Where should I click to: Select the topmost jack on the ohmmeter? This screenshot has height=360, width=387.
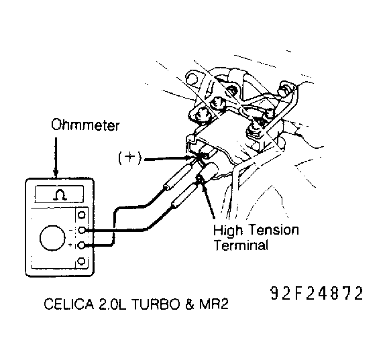tap(82, 215)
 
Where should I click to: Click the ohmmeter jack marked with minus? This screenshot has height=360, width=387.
tap(82, 231)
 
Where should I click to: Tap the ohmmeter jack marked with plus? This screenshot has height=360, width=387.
tap(82, 246)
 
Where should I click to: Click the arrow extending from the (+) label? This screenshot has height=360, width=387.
tap(168, 159)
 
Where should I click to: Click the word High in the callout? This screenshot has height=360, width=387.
tap(227, 230)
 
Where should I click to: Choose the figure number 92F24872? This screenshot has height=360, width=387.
tap(317, 294)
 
